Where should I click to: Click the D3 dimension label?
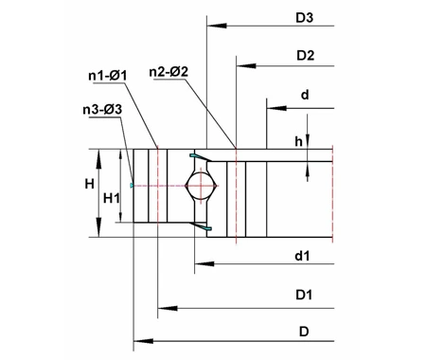click(x=305, y=17)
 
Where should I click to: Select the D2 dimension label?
click(x=305, y=56)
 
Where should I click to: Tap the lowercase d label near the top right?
click(x=304, y=95)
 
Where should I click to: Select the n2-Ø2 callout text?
click(x=169, y=71)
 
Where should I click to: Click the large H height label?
click(x=88, y=182)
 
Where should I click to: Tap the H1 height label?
click(x=112, y=196)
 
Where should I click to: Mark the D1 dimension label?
click(x=304, y=296)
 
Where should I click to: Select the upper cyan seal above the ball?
click(x=198, y=154)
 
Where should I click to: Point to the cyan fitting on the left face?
click(x=133, y=186)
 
